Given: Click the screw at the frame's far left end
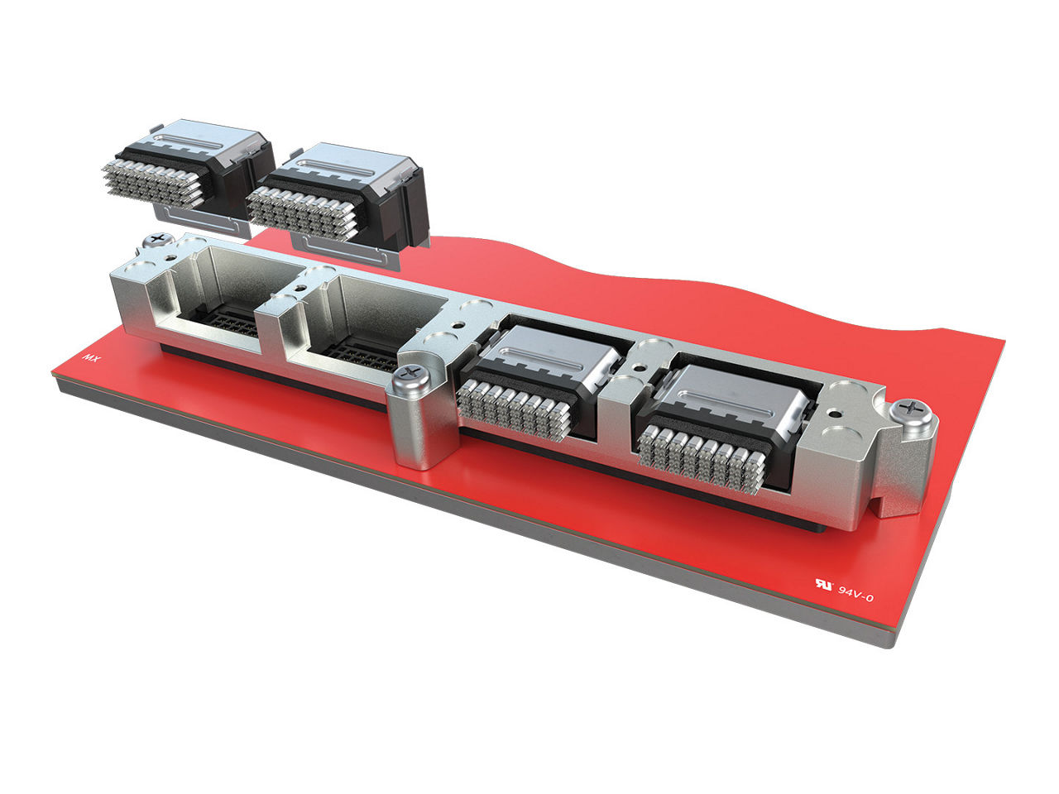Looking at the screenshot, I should [x=155, y=241].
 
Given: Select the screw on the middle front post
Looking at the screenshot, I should [x=409, y=376].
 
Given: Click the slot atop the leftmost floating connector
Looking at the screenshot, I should [x=199, y=138].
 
